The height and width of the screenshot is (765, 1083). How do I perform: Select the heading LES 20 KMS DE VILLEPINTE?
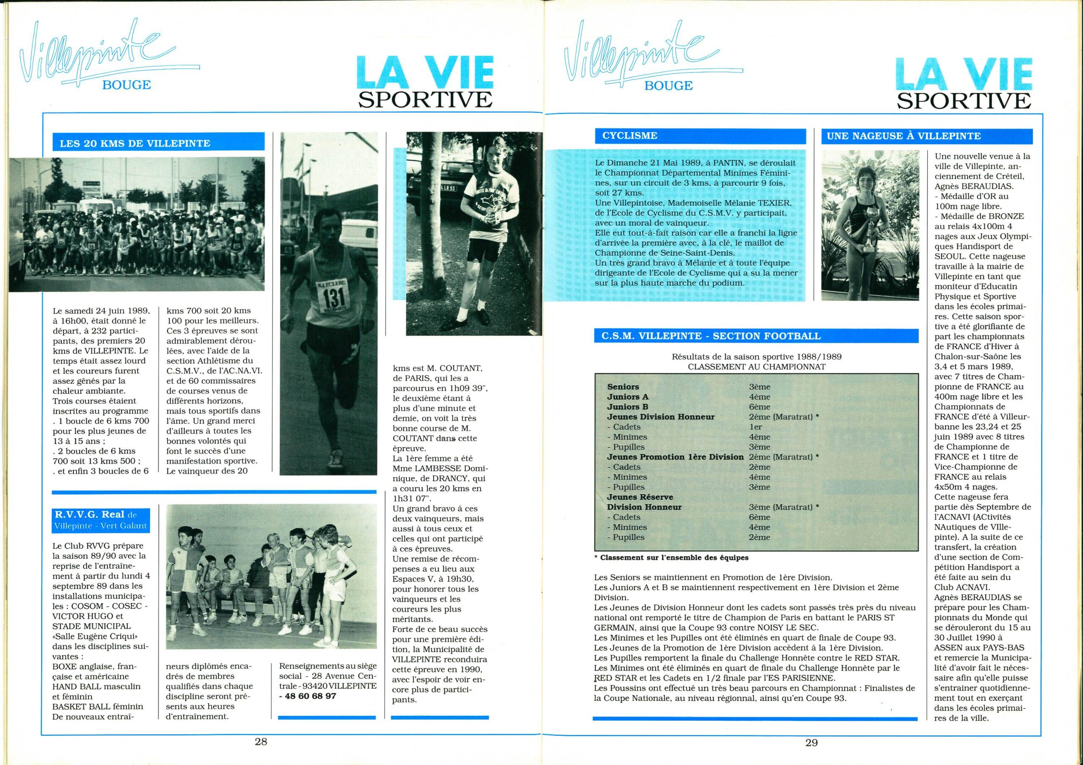coord(135,143)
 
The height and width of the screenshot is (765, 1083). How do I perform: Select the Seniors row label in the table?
coord(623,386)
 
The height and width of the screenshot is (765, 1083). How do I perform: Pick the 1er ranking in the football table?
coord(756,426)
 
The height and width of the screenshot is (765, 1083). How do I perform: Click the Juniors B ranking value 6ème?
coord(759,407)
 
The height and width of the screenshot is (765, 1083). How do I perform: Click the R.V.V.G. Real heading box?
coord(101,519)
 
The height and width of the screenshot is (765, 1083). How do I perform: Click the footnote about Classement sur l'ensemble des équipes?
coord(671,557)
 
